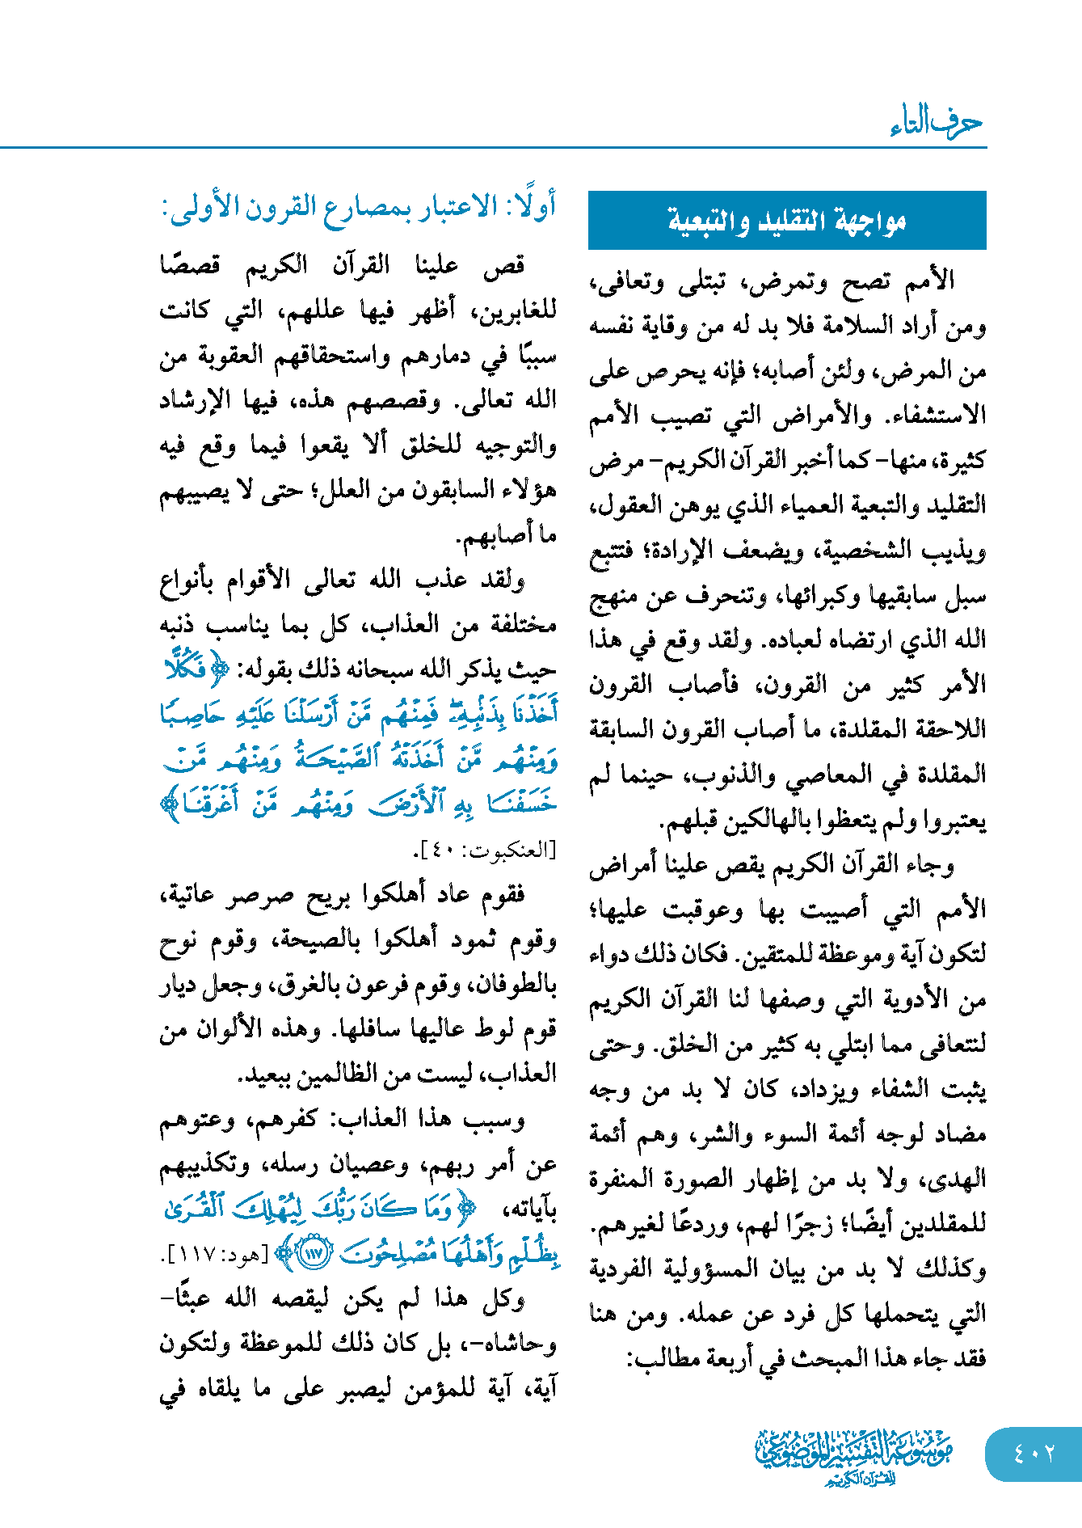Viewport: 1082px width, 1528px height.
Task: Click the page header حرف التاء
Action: coord(937,124)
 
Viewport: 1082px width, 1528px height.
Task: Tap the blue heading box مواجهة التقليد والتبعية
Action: coord(787,221)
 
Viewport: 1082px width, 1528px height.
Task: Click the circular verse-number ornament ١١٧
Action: coord(315,1254)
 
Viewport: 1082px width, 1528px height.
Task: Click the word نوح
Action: coord(175,940)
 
